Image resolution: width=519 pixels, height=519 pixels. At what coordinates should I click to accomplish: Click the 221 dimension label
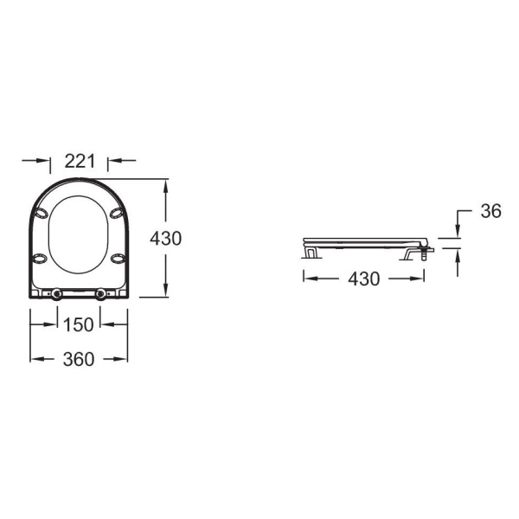[x=80, y=161]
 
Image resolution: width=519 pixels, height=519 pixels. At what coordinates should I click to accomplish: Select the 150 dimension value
[x=79, y=324]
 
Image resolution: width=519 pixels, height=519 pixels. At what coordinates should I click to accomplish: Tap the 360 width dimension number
[x=79, y=359]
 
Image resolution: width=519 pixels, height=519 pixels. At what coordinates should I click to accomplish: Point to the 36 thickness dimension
[x=490, y=211]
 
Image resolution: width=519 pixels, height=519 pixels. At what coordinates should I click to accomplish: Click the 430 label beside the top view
[x=165, y=239]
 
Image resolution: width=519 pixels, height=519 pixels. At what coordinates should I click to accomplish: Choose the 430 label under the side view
[x=364, y=279]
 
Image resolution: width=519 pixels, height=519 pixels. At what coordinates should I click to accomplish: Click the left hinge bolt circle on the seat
[x=56, y=294]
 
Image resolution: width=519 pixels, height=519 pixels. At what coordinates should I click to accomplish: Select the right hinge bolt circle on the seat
[x=101, y=294]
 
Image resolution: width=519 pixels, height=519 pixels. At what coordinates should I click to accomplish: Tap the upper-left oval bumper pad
[x=42, y=214]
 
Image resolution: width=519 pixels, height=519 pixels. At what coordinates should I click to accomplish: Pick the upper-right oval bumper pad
[x=117, y=214]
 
